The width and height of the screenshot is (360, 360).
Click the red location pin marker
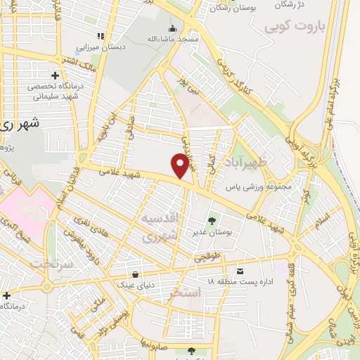click(x=181, y=165)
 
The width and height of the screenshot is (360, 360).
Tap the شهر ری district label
click(x=17, y=124)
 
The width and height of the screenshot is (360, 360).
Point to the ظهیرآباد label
click(x=250, y=164)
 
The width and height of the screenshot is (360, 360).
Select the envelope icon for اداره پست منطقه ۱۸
click(x=240, y=271)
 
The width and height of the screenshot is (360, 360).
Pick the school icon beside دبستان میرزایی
click(x=101, y=35)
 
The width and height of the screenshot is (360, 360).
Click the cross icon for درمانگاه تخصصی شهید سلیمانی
click(x=55, y=75)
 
